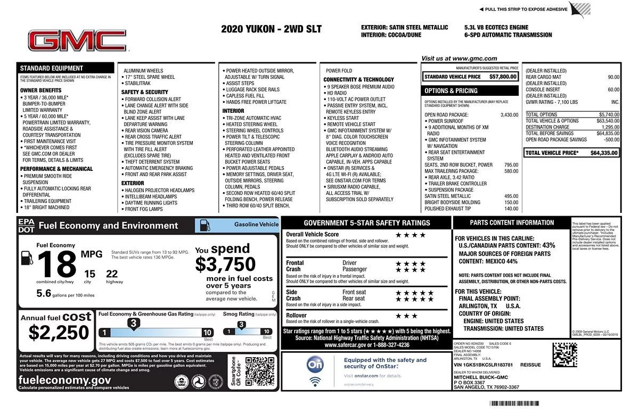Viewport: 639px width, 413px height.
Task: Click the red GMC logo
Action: (x=78, y=41)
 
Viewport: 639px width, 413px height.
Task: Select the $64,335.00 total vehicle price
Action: (x=604, y=153)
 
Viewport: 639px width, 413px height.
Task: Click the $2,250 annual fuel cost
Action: (x=59, y=332)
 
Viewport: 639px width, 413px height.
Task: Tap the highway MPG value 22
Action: (x=112, y=274)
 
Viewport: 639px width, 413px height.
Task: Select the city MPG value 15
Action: (x=89, y=274)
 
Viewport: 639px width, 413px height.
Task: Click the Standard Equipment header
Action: (x=51, y=68)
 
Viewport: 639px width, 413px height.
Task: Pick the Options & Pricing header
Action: (x=451, y=90)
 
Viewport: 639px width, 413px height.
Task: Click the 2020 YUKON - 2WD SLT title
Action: (x=271, y=29)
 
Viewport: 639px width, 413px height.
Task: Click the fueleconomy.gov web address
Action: (x=65, y=380)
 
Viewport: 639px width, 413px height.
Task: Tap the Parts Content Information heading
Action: (x=512, y=222)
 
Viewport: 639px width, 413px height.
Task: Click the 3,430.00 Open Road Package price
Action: (x=509, y=114)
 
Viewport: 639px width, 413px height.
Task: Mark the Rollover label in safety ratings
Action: (x=297, y=316)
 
